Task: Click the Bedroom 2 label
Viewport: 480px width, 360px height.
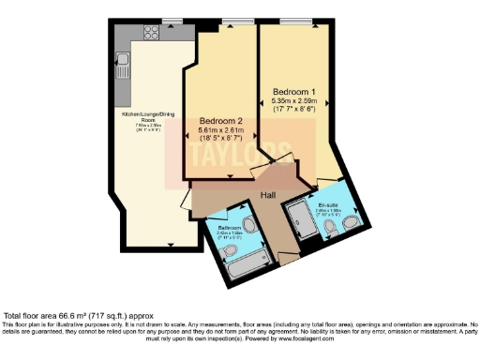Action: [x=222, y=121]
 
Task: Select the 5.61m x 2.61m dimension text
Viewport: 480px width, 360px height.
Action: [x=222, y=131]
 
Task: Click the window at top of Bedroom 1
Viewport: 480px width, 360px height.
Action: [x=297, y=21]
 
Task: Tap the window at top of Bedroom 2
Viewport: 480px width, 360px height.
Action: [x=230, y=21]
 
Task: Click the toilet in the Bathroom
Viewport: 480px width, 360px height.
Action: [x=248, y=225]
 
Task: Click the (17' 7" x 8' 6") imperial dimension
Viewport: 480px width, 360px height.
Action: [x=293, y=110]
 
